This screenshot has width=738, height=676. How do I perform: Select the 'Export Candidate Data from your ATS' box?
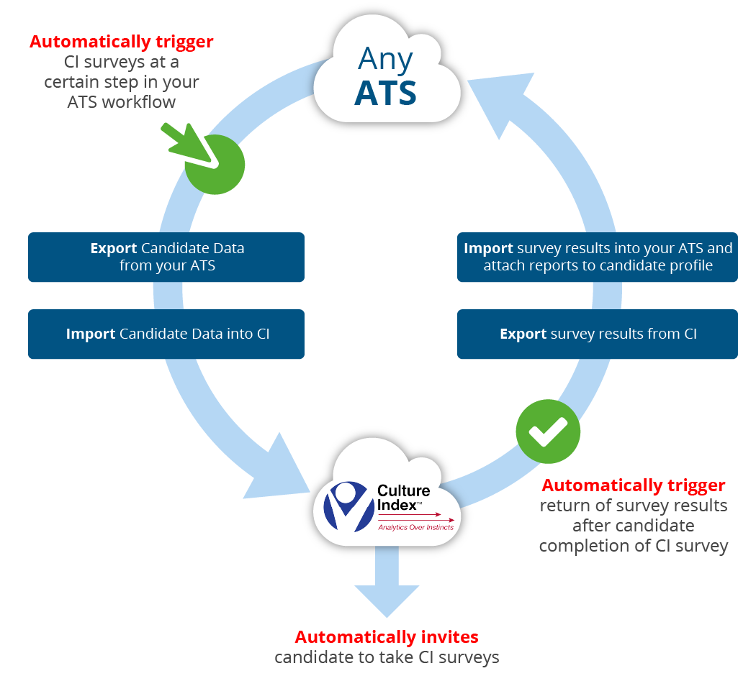166,257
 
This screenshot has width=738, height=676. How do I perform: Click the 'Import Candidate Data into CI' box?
166,334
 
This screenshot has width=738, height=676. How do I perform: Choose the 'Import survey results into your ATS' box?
597,257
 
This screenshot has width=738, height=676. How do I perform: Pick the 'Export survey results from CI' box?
597,334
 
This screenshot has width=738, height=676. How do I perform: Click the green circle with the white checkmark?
548,431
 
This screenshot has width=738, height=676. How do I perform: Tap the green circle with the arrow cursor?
215,164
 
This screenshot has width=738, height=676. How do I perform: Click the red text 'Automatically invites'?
387,637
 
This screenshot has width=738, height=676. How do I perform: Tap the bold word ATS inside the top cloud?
386,93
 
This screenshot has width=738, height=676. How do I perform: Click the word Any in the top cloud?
386,60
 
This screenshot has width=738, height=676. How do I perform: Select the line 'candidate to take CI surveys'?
387,657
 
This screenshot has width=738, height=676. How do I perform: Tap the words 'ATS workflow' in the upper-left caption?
122,102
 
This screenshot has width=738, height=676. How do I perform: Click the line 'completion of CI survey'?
634,546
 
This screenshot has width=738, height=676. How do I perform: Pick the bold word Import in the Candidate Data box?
90,334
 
